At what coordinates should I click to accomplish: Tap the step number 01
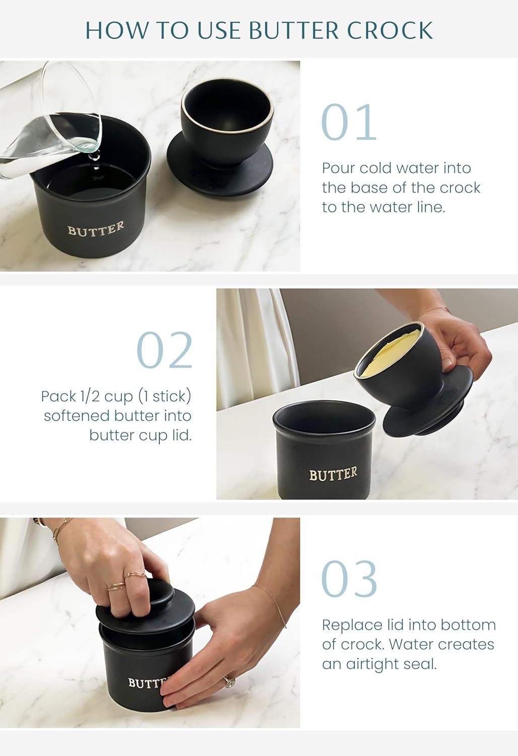click(349, 123)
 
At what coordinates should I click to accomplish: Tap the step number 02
click(165, 351)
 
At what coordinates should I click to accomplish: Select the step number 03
click(349, 579)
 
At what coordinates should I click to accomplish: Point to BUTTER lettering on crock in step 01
click(96, 229)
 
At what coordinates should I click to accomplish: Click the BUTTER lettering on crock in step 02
click(333, 474)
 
